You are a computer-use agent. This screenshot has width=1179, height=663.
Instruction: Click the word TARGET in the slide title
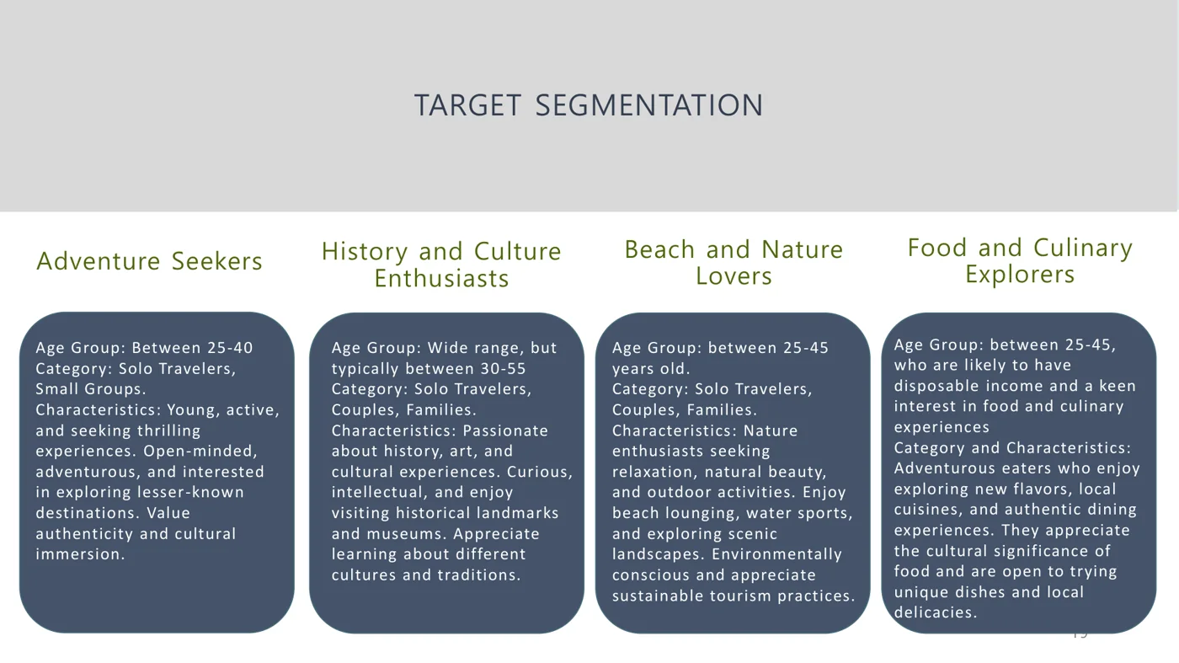[x=467, y=105]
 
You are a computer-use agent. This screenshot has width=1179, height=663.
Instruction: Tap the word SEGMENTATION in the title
[x=649, y=105]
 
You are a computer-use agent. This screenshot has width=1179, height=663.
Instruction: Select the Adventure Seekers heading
[x=150, y=261]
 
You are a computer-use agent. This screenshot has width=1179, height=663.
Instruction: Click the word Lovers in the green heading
[x=734, y=276]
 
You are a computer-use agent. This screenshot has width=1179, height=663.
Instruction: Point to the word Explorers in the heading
[x=1020, y=275]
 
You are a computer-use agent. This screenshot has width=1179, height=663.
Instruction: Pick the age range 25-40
[x=230, y=348]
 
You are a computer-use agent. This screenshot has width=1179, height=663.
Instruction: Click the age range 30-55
[x=503, y=369]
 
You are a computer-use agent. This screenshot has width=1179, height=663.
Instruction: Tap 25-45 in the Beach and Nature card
[x=805, y=348]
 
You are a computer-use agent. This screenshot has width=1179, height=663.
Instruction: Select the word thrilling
[x=169, y=430]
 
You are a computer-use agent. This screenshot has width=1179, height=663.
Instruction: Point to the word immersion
[x=80, y=554]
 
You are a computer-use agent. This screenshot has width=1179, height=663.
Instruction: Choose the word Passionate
[x=505, y=430]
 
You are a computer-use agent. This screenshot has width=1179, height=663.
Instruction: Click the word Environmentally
[x=776, y=554]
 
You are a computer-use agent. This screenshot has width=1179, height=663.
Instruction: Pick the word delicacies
[x=936, y=613]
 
